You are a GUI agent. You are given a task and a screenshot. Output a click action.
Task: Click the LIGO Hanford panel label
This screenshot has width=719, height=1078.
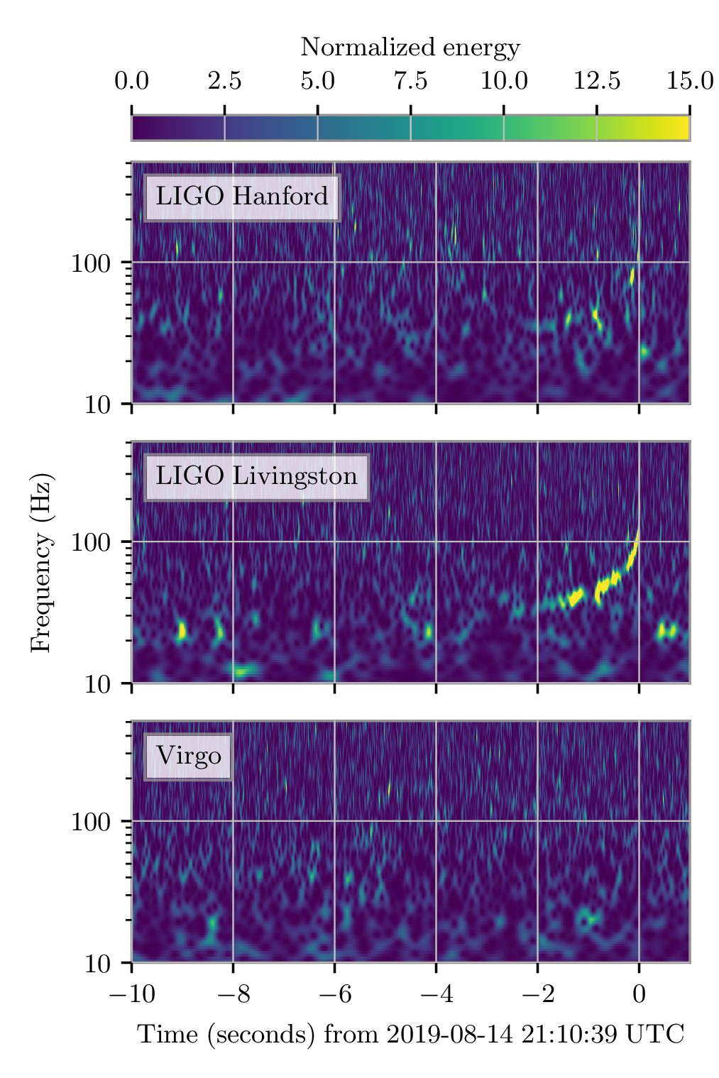click(x=241, y=197)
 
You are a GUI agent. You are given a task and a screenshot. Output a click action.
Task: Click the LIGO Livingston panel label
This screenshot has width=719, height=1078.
click(x=256, y=476)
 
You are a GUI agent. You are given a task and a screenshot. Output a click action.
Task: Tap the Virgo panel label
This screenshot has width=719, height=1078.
click(x=189, y=756)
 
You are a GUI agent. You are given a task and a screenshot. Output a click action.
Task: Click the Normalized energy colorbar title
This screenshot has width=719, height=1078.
click(x=410, y=48)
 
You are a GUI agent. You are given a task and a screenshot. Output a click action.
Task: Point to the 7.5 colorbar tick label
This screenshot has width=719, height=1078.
click(x=410, y=81)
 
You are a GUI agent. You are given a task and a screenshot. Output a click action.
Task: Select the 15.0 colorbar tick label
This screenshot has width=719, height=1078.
click(x=689, y=81)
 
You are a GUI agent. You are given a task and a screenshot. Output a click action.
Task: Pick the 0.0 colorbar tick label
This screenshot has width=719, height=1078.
click(x=131, y=81)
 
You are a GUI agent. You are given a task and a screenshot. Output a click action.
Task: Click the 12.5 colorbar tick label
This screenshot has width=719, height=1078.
click(x=596, y=81)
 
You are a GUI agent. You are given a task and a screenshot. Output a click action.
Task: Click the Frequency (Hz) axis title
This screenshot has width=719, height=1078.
click(x=41, y=562)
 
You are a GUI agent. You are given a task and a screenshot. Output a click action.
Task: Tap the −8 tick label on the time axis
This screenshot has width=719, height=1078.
click(x=233, y=994)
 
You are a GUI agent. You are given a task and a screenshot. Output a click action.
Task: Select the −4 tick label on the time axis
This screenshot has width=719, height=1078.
click(x=436, y=994)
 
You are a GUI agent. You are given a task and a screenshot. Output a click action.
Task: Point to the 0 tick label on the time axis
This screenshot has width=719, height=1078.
click(x=639, y=994)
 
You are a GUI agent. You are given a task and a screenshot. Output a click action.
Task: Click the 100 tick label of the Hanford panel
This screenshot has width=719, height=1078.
click(x=91, y=263)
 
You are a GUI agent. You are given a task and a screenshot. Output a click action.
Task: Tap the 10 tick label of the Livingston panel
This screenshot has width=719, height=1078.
click(x=98, y=684)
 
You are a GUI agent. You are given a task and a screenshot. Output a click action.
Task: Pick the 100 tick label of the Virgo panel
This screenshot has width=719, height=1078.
click(x=91, y=823)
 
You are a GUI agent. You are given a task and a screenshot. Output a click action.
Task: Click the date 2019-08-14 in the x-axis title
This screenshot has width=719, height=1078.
click(x=449, y=1035)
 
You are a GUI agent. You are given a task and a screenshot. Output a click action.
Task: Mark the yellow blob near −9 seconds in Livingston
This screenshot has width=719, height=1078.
click(x=182, y=630)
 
